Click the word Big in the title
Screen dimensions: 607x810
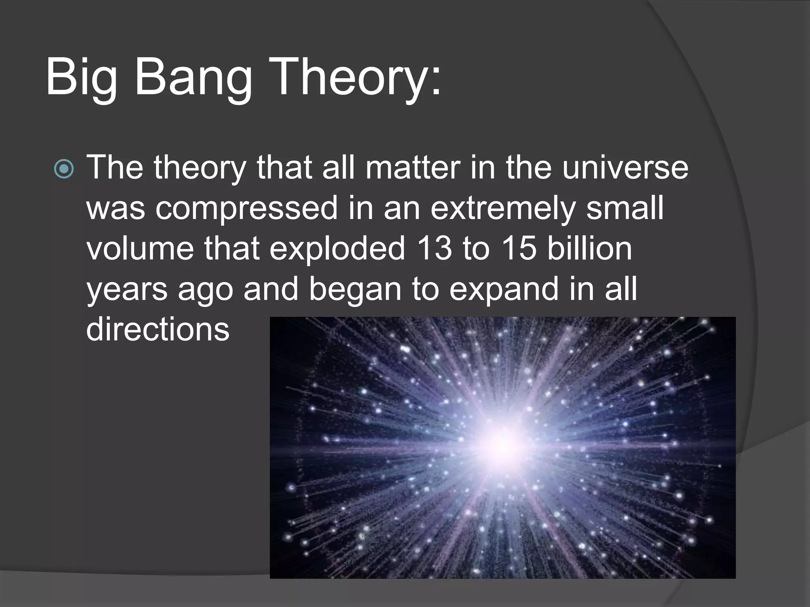81,77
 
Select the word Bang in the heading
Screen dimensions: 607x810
193,77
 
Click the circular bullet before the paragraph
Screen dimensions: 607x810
64,169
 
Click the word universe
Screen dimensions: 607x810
625,168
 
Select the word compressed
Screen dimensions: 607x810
246,208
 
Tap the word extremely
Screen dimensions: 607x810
502,208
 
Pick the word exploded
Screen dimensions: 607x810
337,249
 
